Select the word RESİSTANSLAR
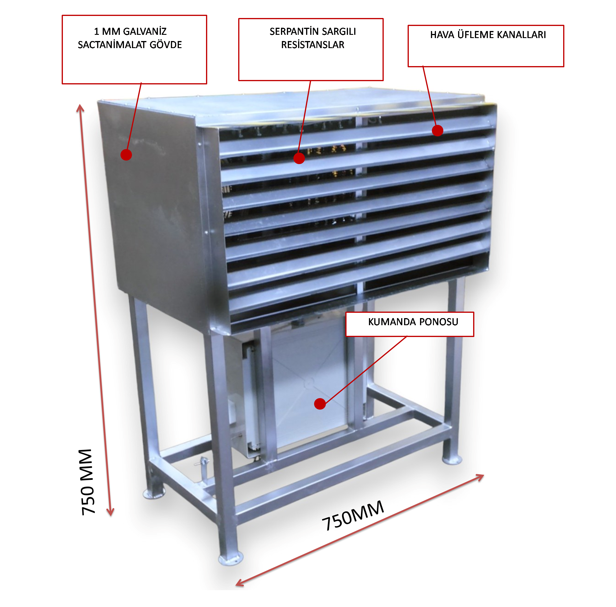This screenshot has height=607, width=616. click(313, 45)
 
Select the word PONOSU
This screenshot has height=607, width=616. click(439, 322)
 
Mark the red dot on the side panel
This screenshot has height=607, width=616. click(126, 155)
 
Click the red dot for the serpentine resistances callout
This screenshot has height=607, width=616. click(299, 158)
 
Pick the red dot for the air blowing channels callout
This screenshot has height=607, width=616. click(437, 130)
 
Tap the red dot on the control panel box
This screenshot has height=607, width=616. click(320, 404)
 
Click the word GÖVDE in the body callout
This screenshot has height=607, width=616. click(166, 45)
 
